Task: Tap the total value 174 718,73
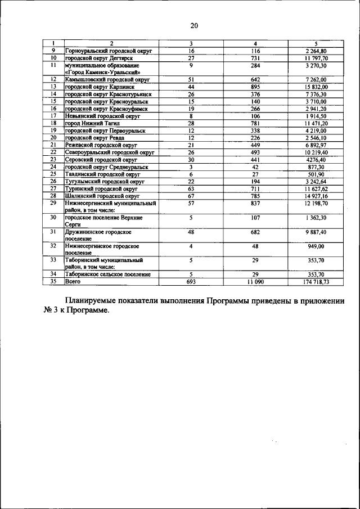click(x=316, y=281)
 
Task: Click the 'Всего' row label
click(x=73, y=281)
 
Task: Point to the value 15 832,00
click(x=316, y=87)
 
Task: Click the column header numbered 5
click(x=316, y=44)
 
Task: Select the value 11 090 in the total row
click(x=255, y=281)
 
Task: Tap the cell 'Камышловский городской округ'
click(x=106, y=80)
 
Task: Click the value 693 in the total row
click(x=191, y=281)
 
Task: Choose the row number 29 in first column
click(x=53, y=203)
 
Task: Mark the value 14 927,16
click(x=316, y=196)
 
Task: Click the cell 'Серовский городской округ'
click(x=101, y=160)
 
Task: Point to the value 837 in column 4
click(x=255, y=203)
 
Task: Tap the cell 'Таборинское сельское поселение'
click(x=107, y=274)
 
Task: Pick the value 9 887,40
click(x=316, y=232)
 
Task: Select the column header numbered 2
click(x=111, y=44)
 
